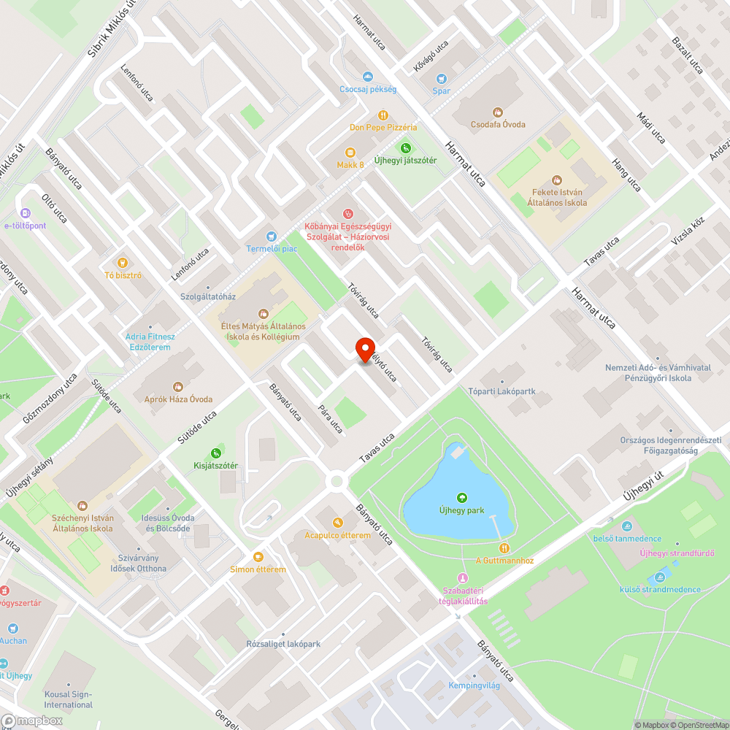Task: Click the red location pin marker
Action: tap(364, 350)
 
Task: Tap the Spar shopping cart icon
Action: tap(441, 79)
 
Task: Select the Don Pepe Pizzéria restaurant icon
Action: tap(383, 115)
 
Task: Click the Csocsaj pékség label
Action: tap(368, 89)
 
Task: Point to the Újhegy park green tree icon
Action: tap(461, 498)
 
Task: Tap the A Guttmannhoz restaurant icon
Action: tap(504, 548)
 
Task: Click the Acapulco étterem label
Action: tap(338, 535)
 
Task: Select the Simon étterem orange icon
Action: tap(258, 557)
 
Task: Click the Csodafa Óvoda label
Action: tap(498, 124)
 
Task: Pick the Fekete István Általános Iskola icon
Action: tap(558, 180)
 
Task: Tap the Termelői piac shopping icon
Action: tap(272, 236)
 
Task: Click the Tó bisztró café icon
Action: tap(123, 263)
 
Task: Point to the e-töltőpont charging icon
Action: tap(26, 213)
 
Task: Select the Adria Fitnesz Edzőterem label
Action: tap(150, 342)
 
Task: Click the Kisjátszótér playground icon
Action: tap(216, 453)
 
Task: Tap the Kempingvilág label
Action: tap(475, 686)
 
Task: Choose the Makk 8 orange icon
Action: tap(350, 153)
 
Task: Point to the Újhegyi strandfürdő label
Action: tap(677, 553)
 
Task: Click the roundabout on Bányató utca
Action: tap(337, 480)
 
